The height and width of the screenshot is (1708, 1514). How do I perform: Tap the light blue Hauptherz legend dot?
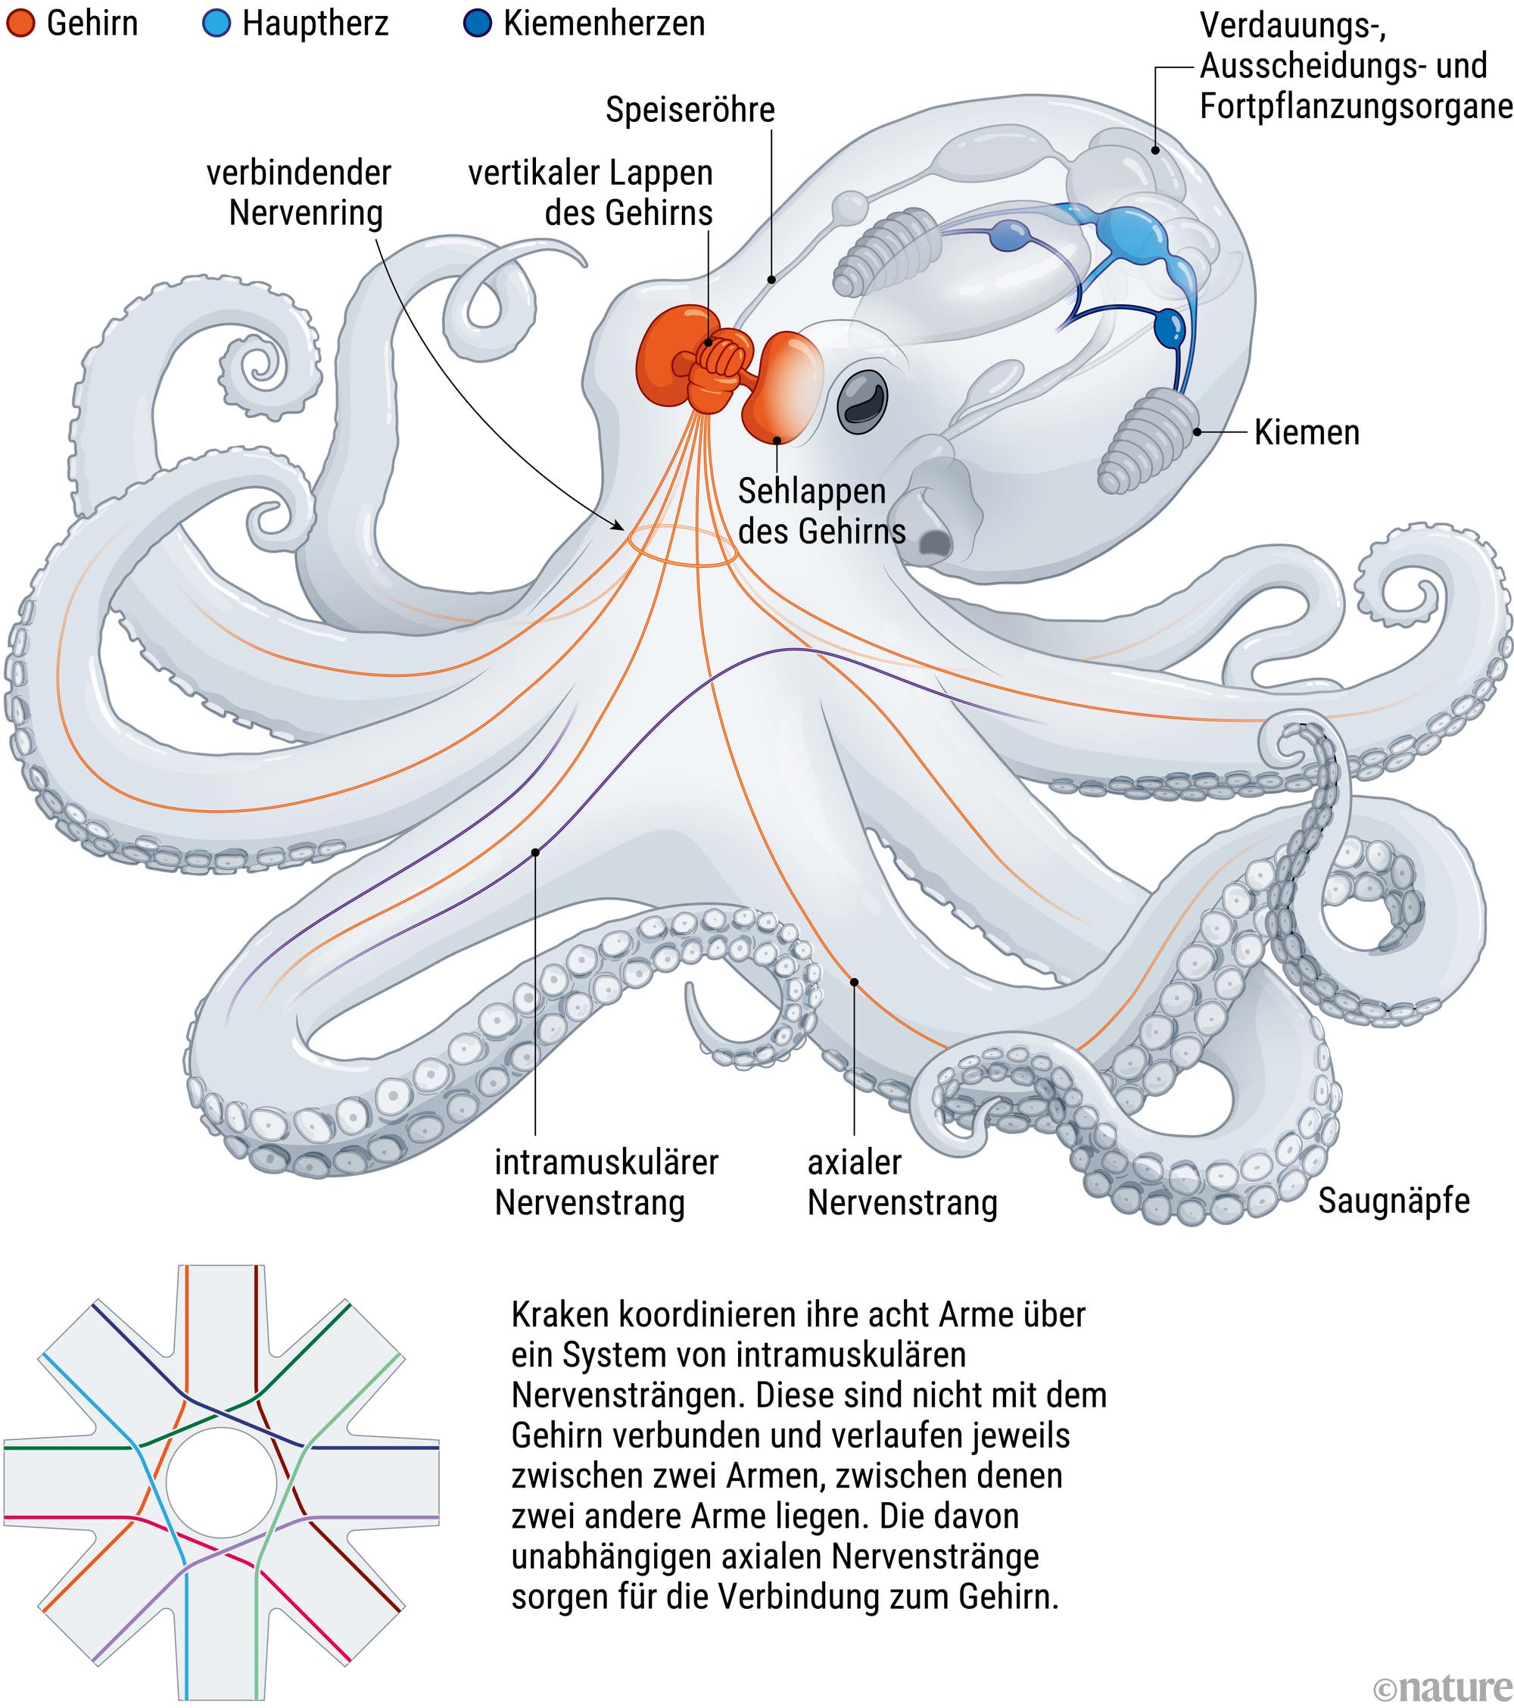[x=217, y=23]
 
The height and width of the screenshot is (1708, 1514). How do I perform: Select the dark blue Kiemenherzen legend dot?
[x=477, y=23]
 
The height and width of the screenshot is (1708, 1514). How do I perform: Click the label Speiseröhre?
[x=690, y=111]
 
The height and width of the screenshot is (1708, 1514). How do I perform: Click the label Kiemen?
[x=1307, y=433]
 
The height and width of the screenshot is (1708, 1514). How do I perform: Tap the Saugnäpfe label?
[x=1394, y=1201]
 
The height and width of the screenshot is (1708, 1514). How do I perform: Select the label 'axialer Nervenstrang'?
[x=902, y=1183]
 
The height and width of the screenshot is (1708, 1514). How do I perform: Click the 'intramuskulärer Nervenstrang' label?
[x=606, y=1183]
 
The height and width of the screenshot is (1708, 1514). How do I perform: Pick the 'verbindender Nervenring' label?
[x=298, y=193]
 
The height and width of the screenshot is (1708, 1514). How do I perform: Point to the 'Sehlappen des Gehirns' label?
[x=821, y=510]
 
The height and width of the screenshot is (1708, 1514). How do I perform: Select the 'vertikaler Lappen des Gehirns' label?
[x=590, y=193]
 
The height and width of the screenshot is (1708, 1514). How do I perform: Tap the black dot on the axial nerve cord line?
[x=854, y=983]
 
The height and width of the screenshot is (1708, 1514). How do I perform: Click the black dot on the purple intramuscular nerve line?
[x=534, y=852]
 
